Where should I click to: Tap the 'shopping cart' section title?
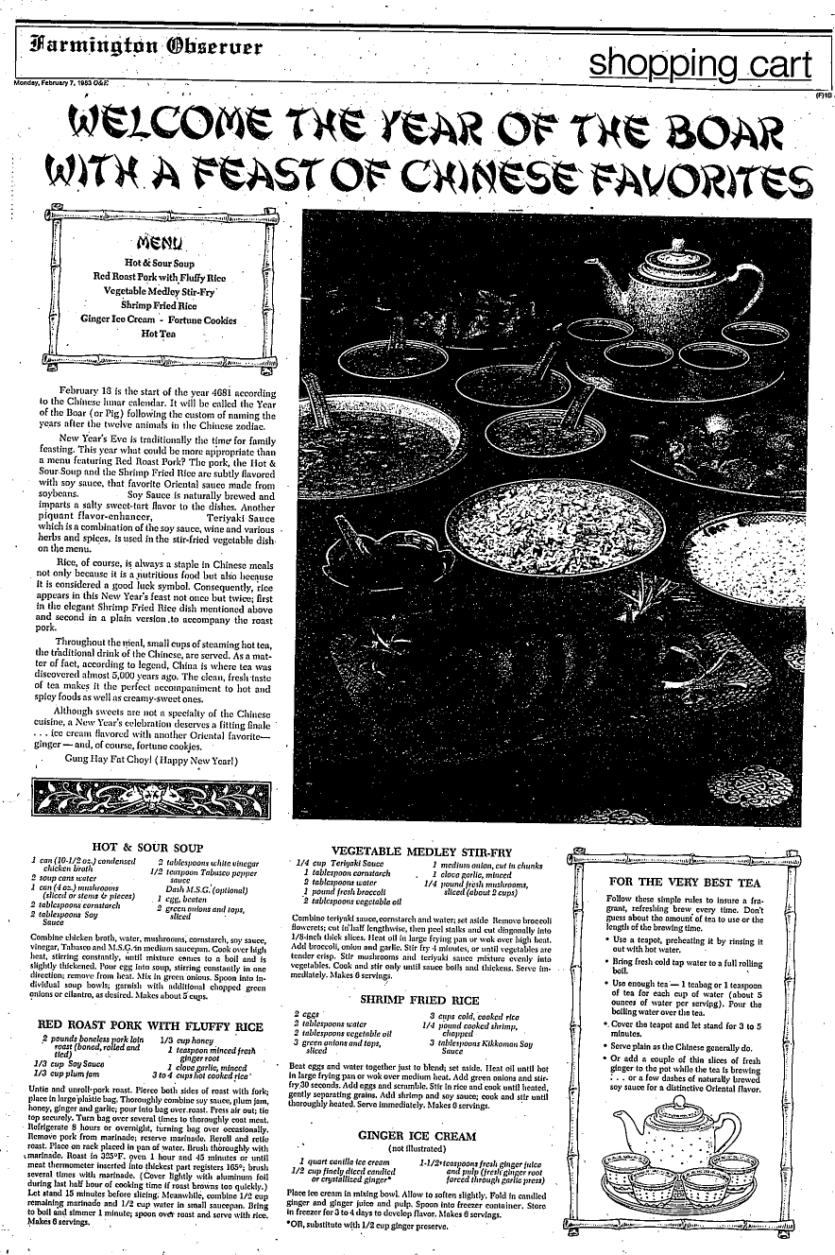point(699,63)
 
